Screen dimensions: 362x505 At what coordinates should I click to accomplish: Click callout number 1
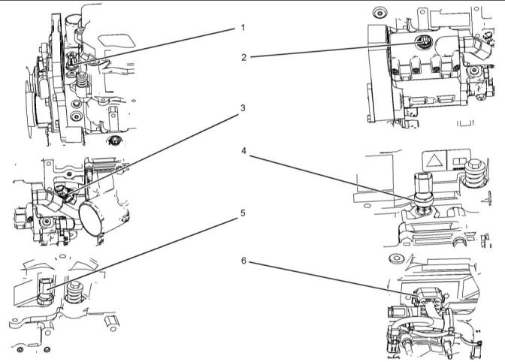pyautogui.click(x=243, y=28)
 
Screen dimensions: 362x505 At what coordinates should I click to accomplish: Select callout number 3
pyautogui.click(x=243, y=108)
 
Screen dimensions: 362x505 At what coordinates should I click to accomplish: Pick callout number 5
pyautogui.click(x=243, y=213)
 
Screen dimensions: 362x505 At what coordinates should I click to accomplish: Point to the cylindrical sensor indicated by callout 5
pyautogui.click(x=44, y=290)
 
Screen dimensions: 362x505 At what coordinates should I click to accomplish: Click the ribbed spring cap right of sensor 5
pyautogui.click(x=74, y=291)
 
